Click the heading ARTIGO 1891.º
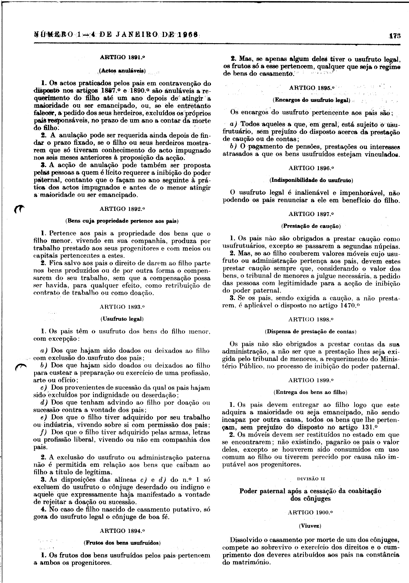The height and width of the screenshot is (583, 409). point(122,57)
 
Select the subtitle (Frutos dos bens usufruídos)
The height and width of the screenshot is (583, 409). point(122,543)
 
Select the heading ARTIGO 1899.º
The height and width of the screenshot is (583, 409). point(311,380)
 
